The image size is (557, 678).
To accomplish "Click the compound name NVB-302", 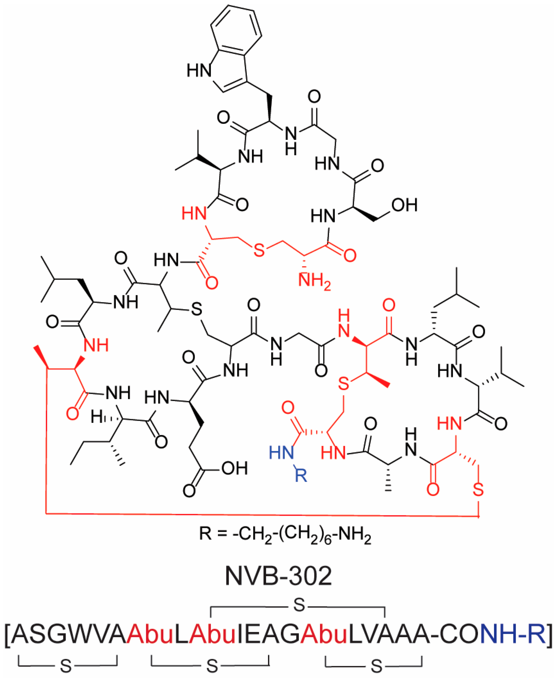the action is [x=278, y=576].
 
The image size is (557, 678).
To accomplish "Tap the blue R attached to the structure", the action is [x=301, y=475].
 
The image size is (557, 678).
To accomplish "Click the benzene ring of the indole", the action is [x=236, y=30].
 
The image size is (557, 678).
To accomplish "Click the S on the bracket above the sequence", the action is [x=299, y=605].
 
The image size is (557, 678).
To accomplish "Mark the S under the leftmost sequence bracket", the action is [x=66, y=666].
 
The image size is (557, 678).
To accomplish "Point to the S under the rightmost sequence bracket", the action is [x=376, y=666].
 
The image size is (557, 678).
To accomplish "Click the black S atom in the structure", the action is [x=196, y=309].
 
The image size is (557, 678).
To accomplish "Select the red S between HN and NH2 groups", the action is [x=259, y=250].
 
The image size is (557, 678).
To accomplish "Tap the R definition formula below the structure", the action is [x=285, y=534].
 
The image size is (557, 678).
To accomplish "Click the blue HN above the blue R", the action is [x=281, y=453].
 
